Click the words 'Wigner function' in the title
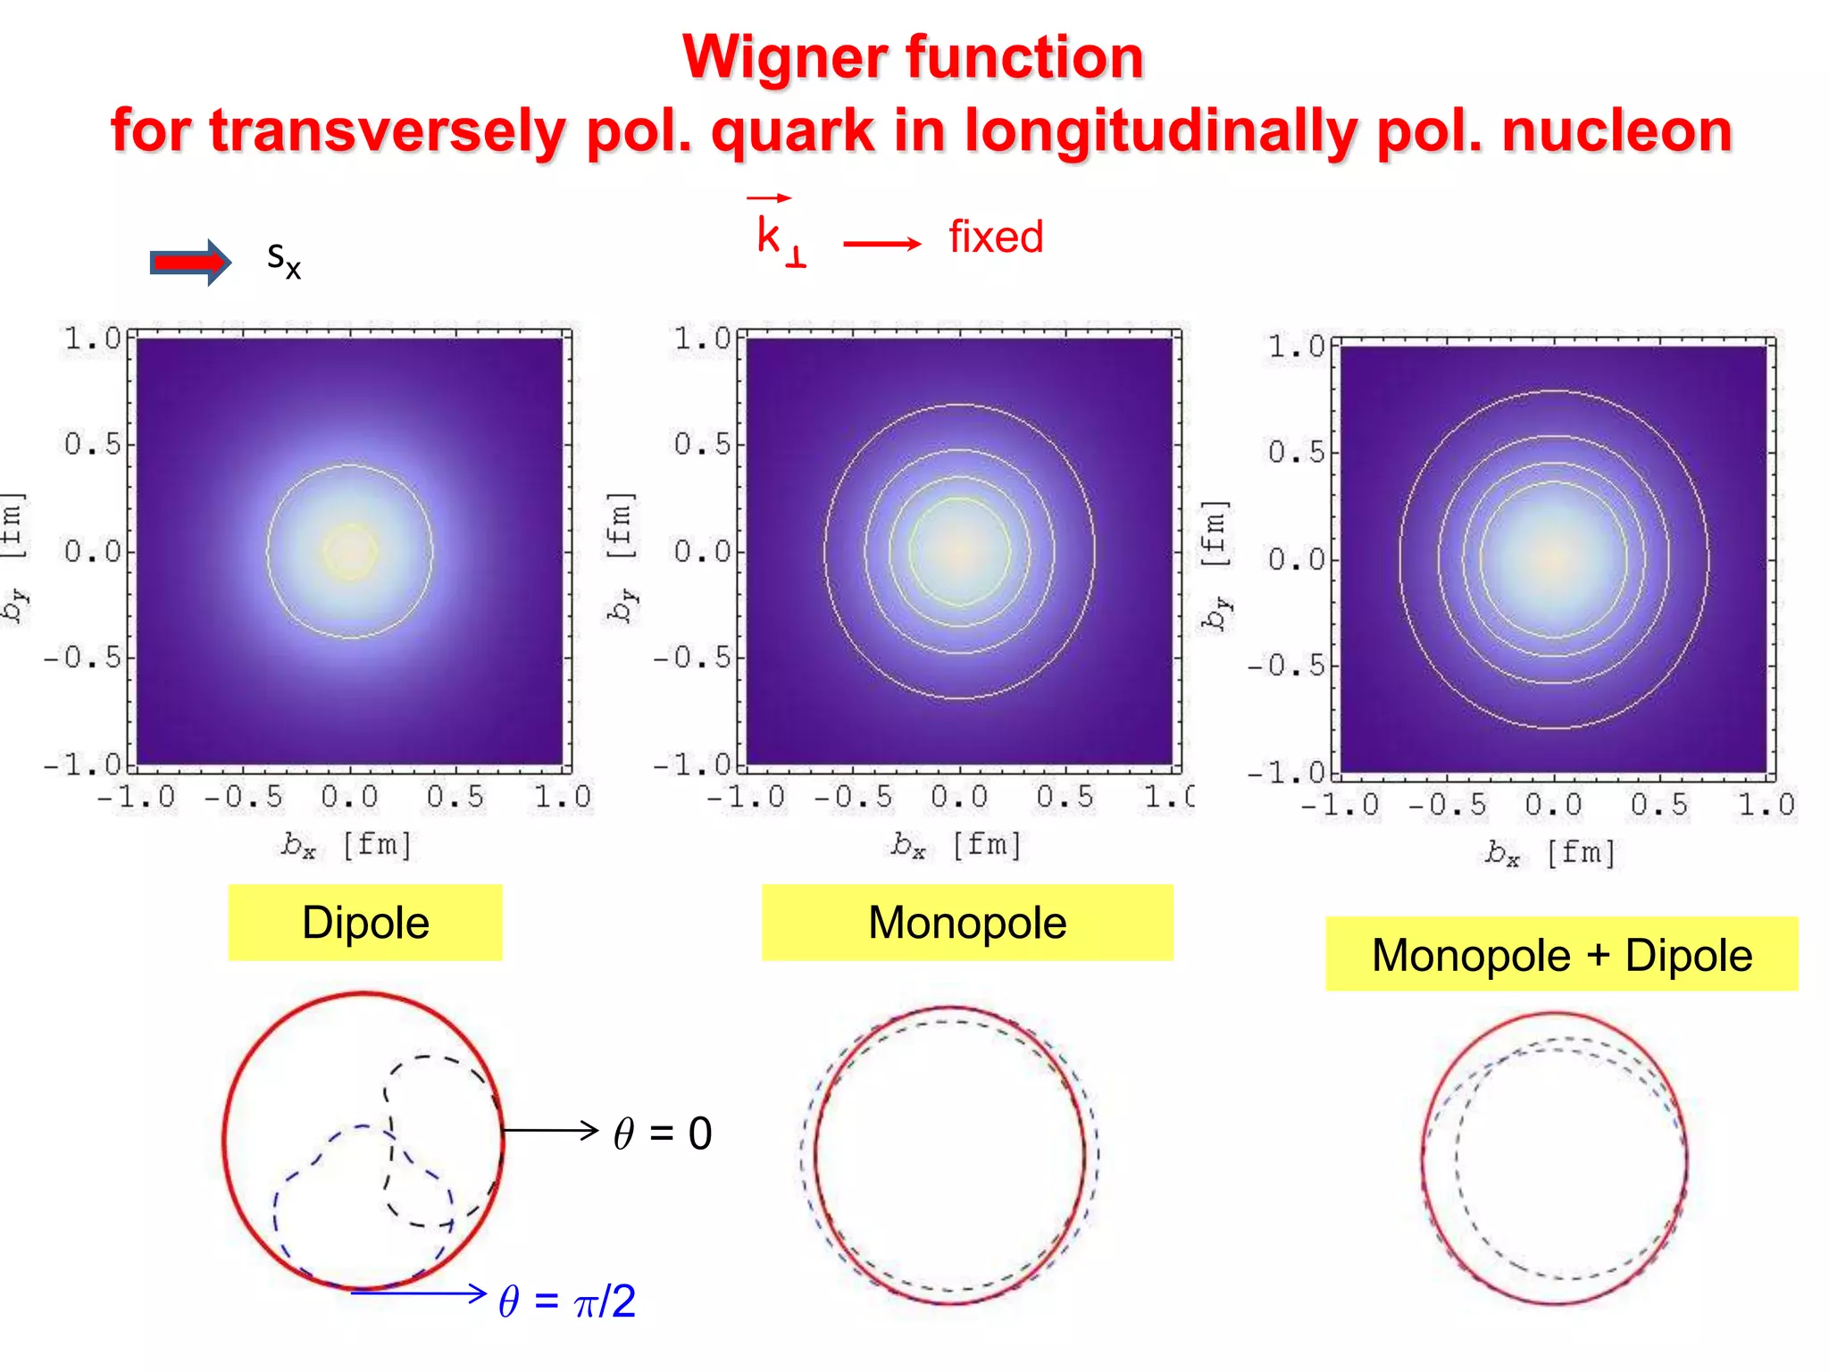(913, 57)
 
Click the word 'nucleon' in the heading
(1616, 130)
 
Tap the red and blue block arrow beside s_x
(190, 262)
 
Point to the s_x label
(284, 260)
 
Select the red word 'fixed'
(995, 238)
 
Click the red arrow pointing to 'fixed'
(881, 243)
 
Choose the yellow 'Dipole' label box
(365, 923)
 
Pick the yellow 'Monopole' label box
(966, 923)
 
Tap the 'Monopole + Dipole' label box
(1561, 954)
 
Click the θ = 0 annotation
(663, 1134)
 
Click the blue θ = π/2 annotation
(567, 1301)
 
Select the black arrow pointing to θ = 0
(549, 1130)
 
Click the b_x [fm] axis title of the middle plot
(956, 844)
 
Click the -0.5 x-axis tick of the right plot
(1447, 806)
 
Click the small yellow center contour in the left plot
(349, 551)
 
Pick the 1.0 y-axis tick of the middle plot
(702, 339)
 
